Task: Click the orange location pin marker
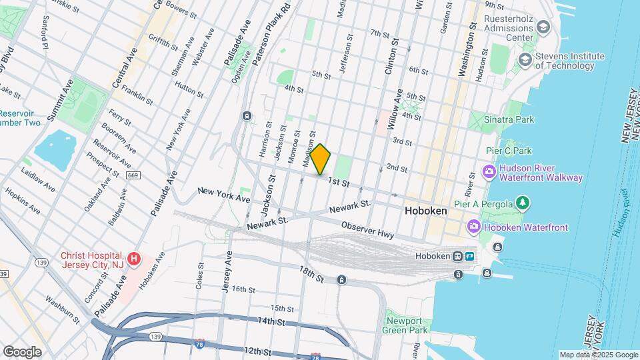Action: click(x=321, y=159)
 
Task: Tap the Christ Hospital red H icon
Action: click(x=134, y=258)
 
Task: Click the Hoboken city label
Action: click(x=426, y=210)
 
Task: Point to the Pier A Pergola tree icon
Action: click(x=524, y=203)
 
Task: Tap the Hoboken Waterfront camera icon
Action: click(x=474, y=227)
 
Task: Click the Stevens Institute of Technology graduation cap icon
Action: click(x=525, y=60)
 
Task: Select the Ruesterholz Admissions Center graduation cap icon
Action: click(x=543, y=27)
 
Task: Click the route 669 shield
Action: click(x=132, y=175)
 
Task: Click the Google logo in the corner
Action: click(x=22, y=351)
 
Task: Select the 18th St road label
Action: click(x=310, y=273)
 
